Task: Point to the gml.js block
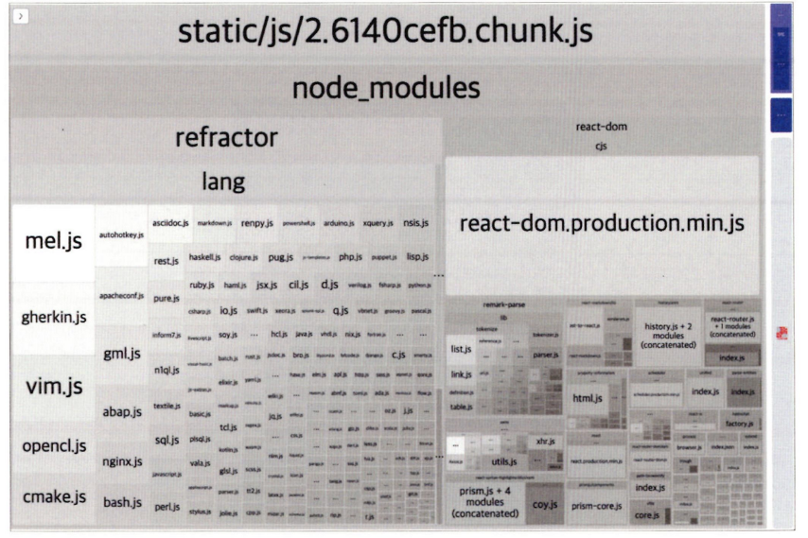click(121, 354)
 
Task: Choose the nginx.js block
click(121, 461)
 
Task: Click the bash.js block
click(121, 501)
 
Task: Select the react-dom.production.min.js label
click(602, 225)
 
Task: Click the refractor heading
click(225, 138)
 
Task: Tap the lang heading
click(223, 181)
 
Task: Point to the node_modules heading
click(385, 89)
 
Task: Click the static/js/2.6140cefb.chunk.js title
click(385, 33)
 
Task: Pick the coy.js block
click(542, 505)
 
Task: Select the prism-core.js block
click(596, 506)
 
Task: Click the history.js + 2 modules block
click(669, 335)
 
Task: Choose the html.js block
click(588, 399)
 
